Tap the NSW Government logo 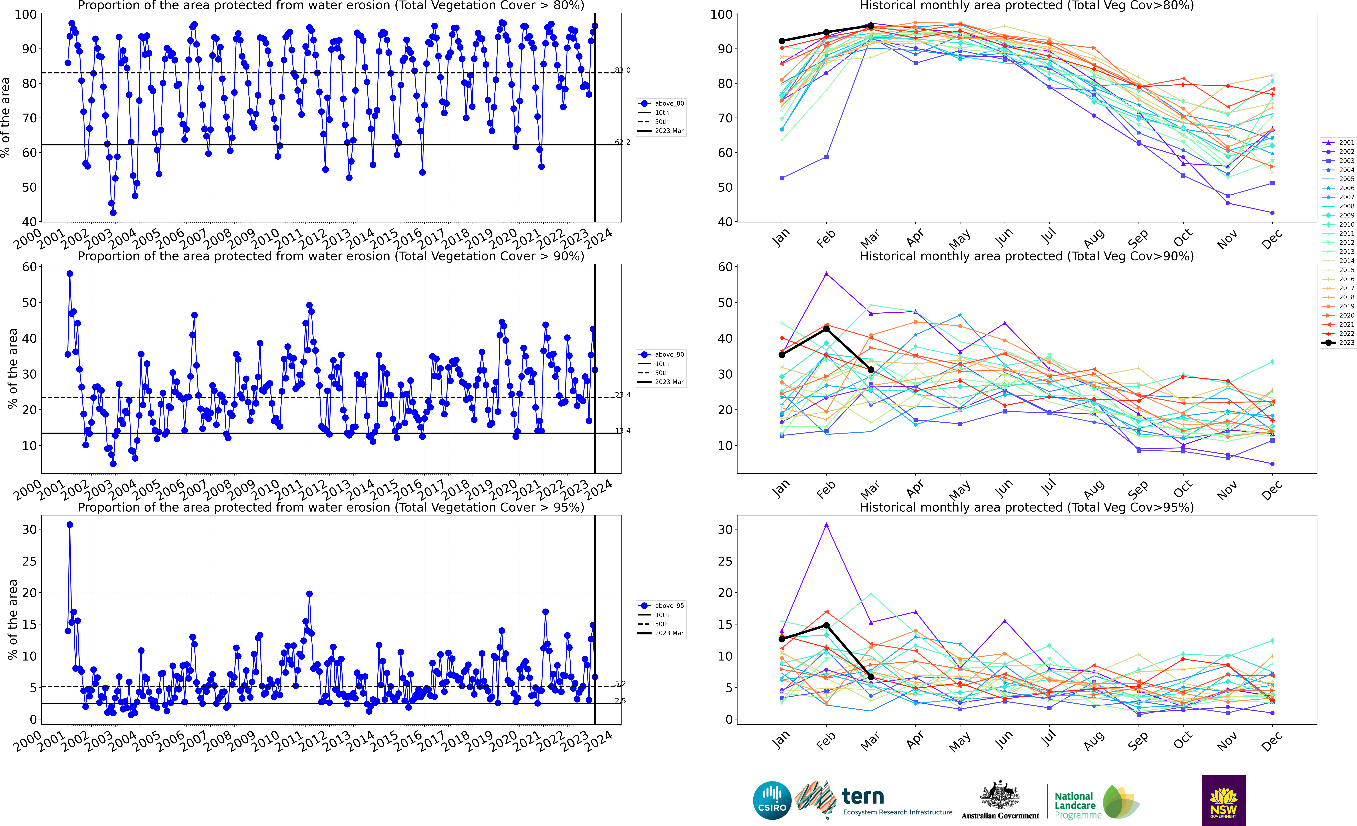(1223, 800)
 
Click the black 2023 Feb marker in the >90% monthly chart (826, 329)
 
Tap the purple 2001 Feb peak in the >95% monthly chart (826, 525)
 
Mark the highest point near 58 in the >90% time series (69, 274)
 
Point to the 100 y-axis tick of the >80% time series (26, 14)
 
